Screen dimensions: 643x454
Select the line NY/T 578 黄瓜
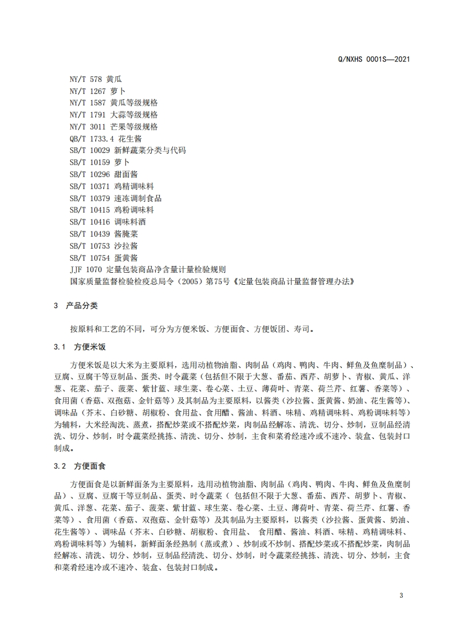95,79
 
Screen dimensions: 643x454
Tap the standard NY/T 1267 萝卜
97,91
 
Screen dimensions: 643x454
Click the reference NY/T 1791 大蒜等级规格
113,115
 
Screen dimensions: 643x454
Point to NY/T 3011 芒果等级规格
113,127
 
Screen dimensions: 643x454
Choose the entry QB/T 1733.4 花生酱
105,139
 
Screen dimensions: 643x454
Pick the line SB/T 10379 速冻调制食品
115,198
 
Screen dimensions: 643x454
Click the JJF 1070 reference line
148,270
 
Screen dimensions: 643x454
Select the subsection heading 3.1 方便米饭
84,348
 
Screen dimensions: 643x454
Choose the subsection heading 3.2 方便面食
84,466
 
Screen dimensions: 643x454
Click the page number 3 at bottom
401,595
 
